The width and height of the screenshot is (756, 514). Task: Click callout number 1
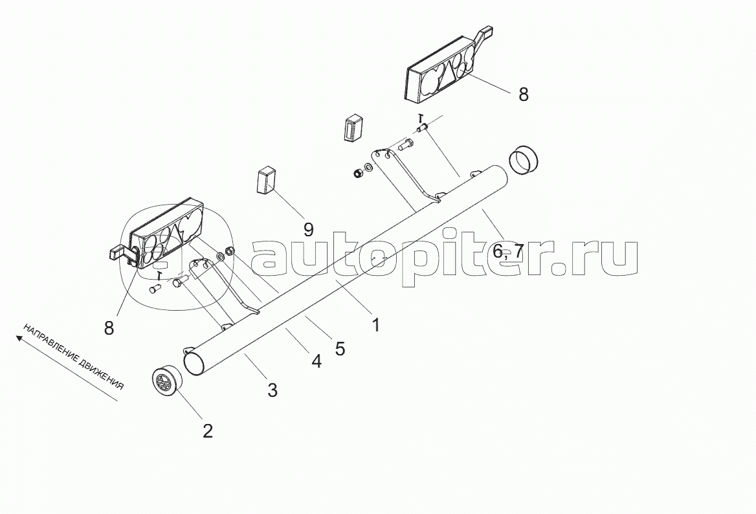coord(375,324)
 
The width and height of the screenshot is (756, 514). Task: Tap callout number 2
coord(207,430)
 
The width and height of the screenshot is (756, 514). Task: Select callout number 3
coord(272,390)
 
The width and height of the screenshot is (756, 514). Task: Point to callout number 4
coord(316,361)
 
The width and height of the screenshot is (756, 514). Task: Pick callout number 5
coord(339,348)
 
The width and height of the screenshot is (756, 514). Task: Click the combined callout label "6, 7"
coord(507,251)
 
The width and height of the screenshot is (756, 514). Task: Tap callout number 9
coord(308,229)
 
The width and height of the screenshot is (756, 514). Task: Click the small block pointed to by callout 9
coord(265,179)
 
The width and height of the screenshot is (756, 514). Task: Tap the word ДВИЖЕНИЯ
coord(103,374)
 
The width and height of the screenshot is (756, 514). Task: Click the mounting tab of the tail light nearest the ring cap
coord(486,33)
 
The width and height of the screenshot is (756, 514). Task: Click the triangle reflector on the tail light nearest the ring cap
coord(447,74)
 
